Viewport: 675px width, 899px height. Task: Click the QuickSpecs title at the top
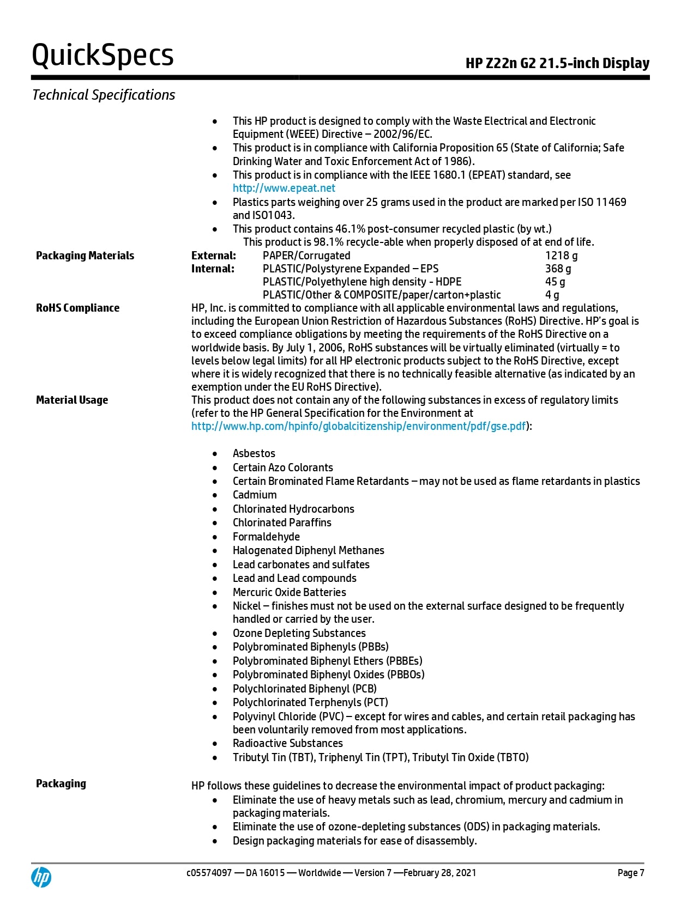[103, 56]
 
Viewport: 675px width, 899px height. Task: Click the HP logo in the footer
[41, 877]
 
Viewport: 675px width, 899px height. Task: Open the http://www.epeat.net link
[284, 188]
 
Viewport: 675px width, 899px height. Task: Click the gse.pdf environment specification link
[358, 426]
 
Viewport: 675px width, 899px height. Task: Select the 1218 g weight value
[561, 256]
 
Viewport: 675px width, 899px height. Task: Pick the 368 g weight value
[558, 269]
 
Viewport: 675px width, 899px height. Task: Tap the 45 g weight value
[555, 282]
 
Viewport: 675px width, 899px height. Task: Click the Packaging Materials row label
[85, 256]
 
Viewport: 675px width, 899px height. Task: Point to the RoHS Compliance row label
[77, 308]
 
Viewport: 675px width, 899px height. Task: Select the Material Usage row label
[72, 400]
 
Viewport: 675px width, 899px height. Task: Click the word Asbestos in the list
[254, 453]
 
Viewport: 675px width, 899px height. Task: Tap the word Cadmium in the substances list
[254, 495]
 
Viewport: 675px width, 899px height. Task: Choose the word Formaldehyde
[266, 537]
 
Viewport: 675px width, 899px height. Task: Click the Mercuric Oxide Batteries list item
[289, 592]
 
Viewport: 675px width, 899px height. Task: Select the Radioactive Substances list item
[287, 743]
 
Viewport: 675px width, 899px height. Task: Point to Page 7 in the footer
[630, 873]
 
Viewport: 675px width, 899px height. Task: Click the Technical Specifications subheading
[104, 95]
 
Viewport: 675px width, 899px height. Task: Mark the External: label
[214, 256]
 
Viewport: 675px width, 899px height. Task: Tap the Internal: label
[213, 269]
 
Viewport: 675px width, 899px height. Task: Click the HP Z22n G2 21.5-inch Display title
[557, 63]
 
